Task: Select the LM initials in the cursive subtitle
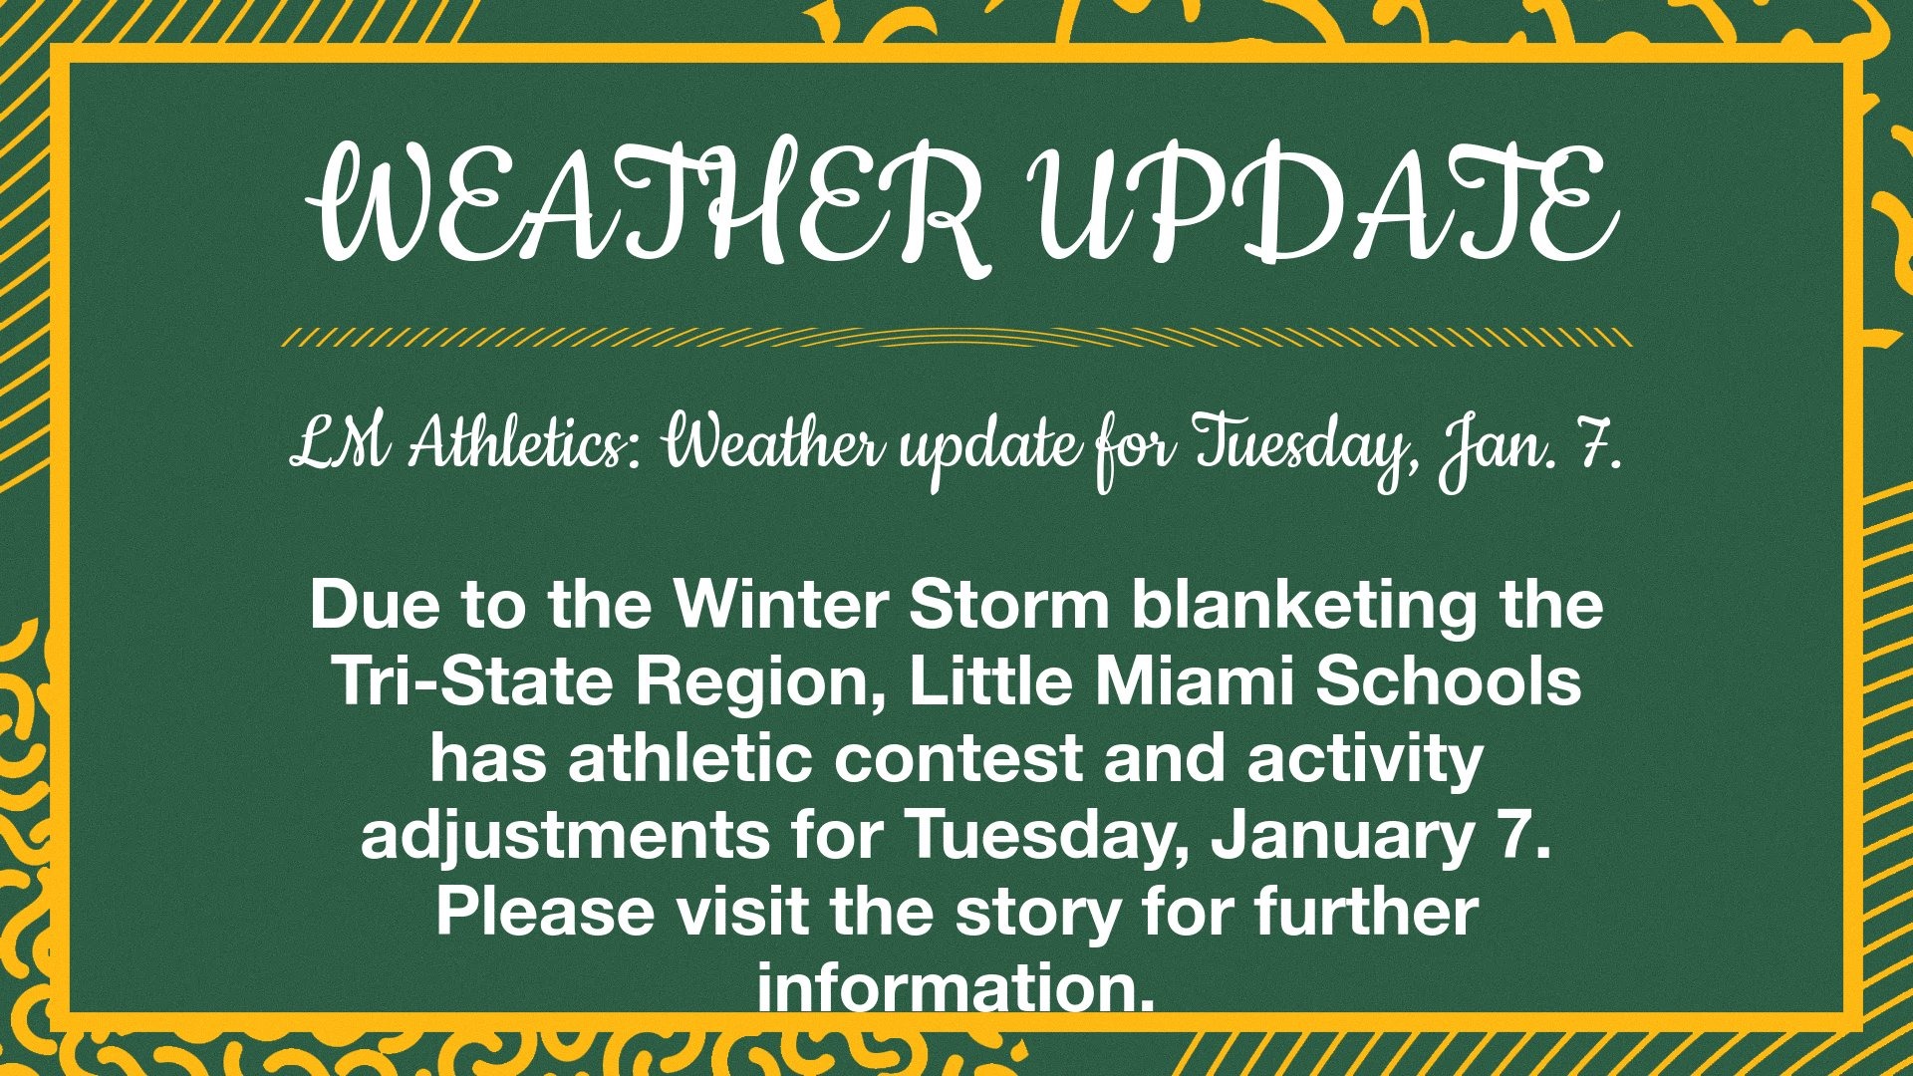click(x=339, y=445)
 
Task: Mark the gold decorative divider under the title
click(x=956, y=338)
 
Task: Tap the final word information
click(x=956, y=987)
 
